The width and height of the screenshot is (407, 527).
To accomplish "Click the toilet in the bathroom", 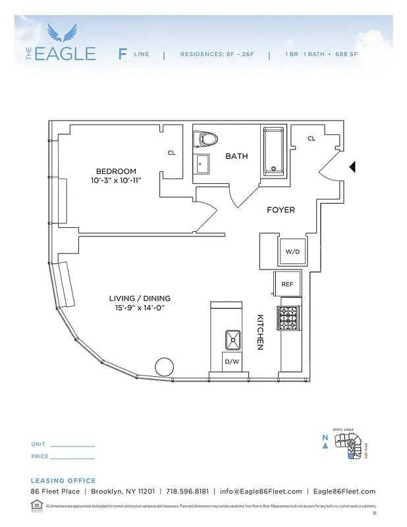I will click(x=206, y=139).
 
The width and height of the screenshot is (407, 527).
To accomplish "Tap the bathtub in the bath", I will click(x=275, y=151).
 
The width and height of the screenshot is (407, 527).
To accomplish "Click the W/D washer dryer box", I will click(x=292, y=252).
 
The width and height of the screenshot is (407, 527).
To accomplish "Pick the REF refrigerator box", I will click(x=287, y=285).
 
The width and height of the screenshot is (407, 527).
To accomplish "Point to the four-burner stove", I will click(x=288, y=318).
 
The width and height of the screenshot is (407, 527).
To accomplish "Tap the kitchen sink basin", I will click(x=232, y=340).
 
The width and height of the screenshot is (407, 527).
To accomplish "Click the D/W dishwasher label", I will click(x=232, y=362).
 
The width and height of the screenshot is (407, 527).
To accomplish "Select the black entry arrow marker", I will click(x=352, y=167).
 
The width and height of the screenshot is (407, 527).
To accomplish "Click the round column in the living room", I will click(x=163, y=367).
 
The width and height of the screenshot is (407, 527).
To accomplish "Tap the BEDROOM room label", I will click(x=116, y=171).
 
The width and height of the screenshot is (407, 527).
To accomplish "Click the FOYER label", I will click(x=281, y=210).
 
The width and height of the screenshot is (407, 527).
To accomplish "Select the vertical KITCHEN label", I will click(x=260, y=331).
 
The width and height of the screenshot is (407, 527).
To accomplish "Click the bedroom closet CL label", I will click(x=172, y=153).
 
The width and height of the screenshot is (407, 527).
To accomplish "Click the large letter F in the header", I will click(x=122, y=54).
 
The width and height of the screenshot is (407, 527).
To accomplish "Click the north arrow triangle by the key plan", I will click(x=325, y=445).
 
